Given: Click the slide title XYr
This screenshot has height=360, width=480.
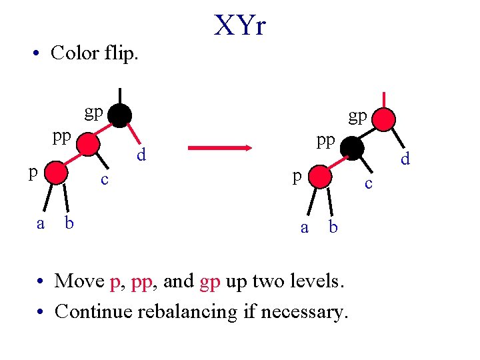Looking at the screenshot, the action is pos(240,25).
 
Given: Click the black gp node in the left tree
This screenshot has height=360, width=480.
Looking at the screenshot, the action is pos(120,115).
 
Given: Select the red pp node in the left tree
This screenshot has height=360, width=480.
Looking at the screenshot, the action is pos(88,144).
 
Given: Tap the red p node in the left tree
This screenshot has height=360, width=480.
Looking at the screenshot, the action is pos(56,173).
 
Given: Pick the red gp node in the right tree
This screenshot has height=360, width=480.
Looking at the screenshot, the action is pos(383,119).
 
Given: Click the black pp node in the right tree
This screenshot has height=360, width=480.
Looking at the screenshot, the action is pos(352,149).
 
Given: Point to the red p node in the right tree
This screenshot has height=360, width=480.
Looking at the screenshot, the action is pos(320,177).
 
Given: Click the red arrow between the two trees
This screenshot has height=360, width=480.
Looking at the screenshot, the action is pos(220,148).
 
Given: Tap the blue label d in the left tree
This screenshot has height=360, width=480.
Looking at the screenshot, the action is pos(141,155).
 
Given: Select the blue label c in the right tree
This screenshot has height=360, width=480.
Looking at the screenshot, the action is pos(369,184).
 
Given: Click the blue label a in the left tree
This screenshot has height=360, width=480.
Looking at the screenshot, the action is pos(41,224).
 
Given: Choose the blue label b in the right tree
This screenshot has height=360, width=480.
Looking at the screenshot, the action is pos(333,227).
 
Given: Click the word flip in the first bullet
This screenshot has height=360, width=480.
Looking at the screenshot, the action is pos(121,53).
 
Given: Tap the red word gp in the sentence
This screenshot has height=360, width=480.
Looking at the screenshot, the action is pos(210,282).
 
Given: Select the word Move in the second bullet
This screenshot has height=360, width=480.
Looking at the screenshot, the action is pos(79,281).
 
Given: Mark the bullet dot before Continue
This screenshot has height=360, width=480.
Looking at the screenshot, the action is pos(40,311).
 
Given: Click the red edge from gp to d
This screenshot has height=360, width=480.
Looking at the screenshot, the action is pos(134,133).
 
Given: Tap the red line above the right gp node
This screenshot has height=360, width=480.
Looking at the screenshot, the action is pos(384,100).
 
